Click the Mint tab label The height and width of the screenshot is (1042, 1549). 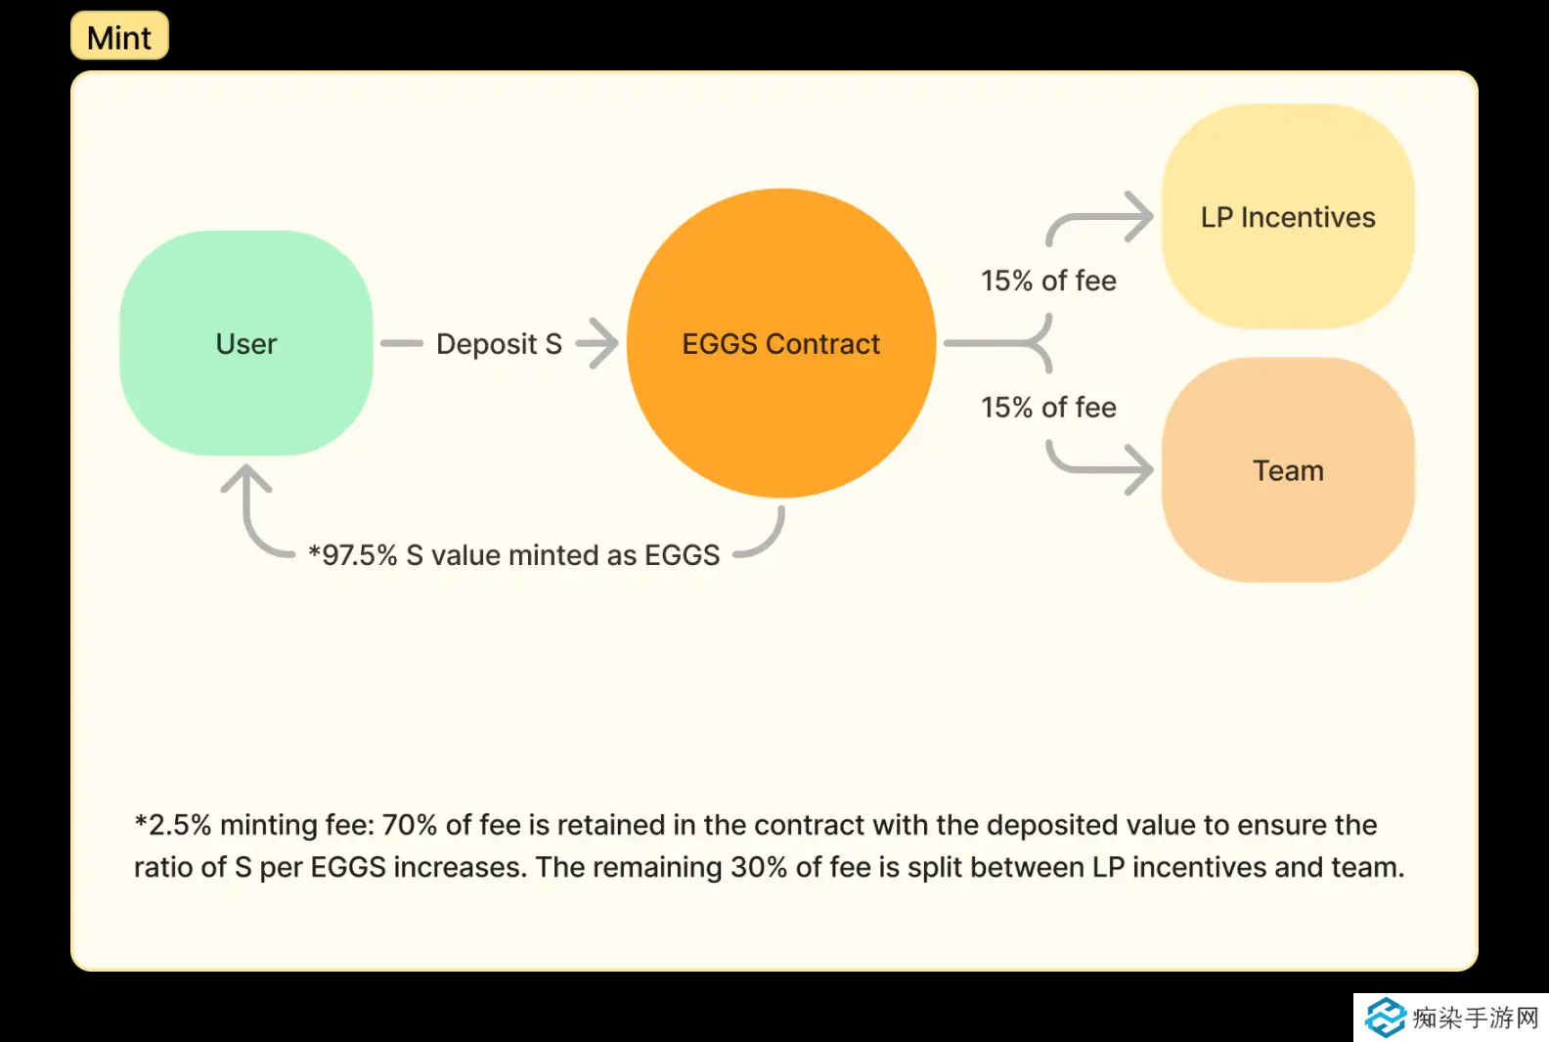(119, 37)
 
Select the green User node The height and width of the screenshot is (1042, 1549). (246, 343)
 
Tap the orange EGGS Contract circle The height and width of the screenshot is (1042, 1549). (780, 343)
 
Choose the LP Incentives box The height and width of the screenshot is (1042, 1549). (1288, 217)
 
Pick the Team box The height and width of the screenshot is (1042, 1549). (1288, 470)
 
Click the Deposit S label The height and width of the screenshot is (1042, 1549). (499, 344)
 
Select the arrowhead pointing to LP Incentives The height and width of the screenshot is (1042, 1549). (1138, 216)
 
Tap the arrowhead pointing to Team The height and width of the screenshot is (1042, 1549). (1138, 470)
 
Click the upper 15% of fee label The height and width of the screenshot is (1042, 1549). (1048, 282)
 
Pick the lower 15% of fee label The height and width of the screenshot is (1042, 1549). (1048, 408)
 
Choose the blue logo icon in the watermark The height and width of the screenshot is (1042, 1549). (1386, 1018)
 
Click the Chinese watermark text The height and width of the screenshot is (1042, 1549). (1476, 1018)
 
